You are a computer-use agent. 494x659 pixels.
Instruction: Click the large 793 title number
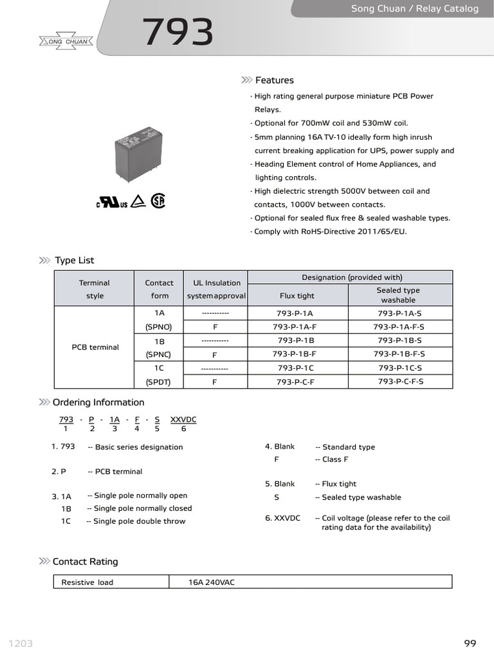coord(178,33)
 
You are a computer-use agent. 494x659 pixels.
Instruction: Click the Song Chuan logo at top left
coord(67,42)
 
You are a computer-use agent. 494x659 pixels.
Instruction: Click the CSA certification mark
coord(158,201)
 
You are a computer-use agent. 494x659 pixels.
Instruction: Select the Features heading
coord(274,80)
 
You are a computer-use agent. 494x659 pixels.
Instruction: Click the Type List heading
coord(74,260)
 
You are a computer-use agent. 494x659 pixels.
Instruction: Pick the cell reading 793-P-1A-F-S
coord(399,327)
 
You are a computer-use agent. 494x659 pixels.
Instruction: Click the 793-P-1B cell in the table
coord(296,340)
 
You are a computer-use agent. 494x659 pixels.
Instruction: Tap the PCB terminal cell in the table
coord(95,348)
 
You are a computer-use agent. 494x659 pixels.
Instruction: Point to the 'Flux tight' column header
coord(297,296)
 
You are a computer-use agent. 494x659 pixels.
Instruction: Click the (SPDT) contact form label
coord(159,382)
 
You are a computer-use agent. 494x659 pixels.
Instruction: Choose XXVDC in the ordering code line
coord(183,420)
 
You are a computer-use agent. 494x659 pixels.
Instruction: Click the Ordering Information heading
coord(98,402)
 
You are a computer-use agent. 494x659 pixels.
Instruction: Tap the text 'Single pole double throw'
coord(139,521)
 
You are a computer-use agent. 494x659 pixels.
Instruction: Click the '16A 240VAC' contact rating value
coord(212,582)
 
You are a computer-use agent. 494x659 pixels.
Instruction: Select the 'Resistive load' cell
coord(87,582)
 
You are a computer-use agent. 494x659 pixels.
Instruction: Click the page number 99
coord(470,644)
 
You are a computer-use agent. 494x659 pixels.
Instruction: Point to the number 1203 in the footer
coord(21,644)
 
